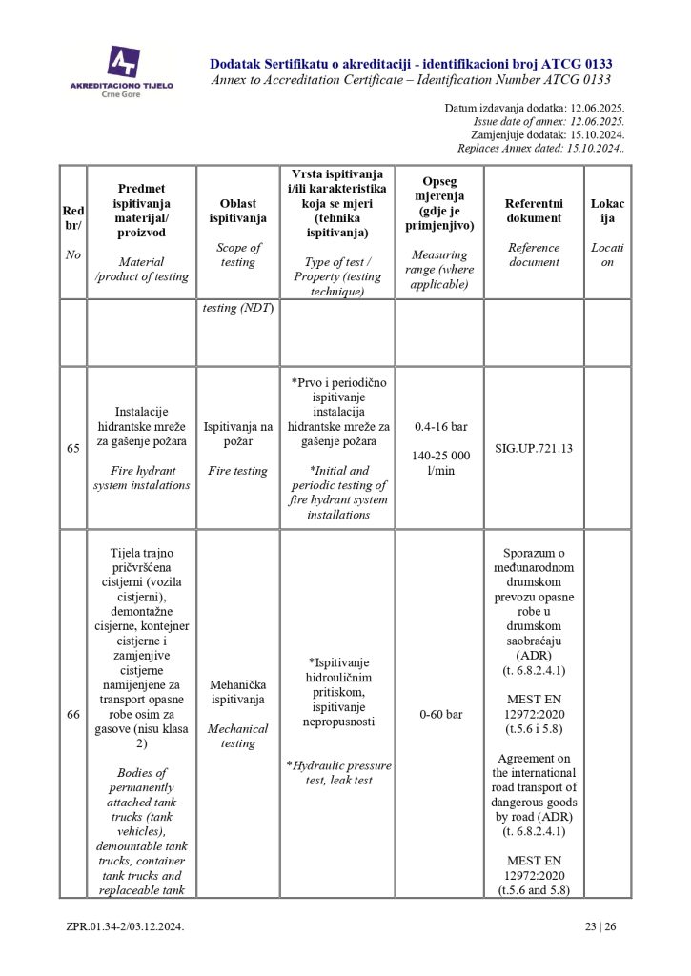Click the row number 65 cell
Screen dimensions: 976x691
(73, 448)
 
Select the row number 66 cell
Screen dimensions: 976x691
(73, 714)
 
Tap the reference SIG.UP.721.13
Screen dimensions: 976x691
(534, 448)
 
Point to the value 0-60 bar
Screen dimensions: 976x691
(438, 714)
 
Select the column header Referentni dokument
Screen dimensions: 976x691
(534, 211)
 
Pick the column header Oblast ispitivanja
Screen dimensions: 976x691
(237, 211)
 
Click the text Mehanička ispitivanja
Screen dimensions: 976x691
(237, 692)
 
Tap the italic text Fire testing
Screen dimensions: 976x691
(237, 471)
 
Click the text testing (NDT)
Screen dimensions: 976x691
(237, 308)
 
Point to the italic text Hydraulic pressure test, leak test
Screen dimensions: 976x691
(339, 772)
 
